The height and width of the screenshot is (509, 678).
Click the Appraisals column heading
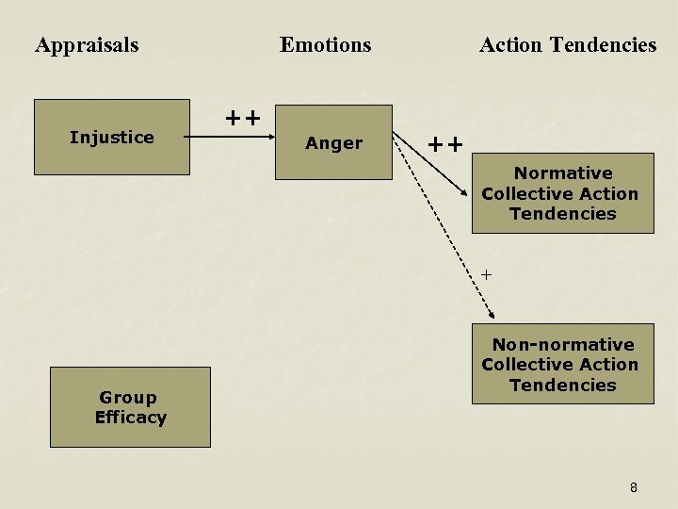87,44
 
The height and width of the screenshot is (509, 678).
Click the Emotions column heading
325,44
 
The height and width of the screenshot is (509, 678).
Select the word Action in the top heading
511,44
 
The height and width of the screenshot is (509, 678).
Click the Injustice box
112,137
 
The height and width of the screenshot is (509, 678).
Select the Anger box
333,142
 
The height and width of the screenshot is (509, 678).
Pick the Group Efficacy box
130,407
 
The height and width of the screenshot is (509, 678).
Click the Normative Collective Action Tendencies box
562,193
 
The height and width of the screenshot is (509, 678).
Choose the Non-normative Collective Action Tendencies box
562,365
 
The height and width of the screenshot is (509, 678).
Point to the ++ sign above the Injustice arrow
242,118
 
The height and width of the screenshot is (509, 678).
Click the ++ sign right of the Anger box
445,144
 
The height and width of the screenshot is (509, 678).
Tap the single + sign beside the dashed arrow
486,274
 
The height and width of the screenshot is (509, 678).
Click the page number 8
633,487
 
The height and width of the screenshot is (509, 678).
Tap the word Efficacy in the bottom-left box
130,418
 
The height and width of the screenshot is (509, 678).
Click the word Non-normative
562,345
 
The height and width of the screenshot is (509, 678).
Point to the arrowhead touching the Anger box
268,138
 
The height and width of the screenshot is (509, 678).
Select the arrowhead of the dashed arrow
493,318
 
